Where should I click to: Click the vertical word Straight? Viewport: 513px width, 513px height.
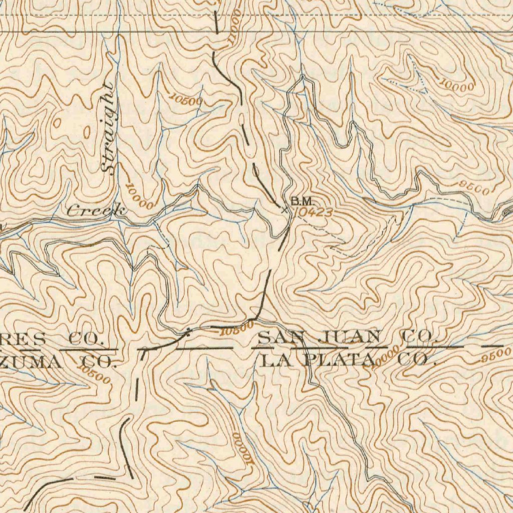[x=108, y=129]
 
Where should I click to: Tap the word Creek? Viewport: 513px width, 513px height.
[x=95, y=211]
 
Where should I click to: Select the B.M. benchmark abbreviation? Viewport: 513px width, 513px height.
[x=302, y=201]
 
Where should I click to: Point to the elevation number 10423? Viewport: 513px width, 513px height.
[x=313, y=212]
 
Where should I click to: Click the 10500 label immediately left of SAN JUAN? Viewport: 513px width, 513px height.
[x=236, y=329]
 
